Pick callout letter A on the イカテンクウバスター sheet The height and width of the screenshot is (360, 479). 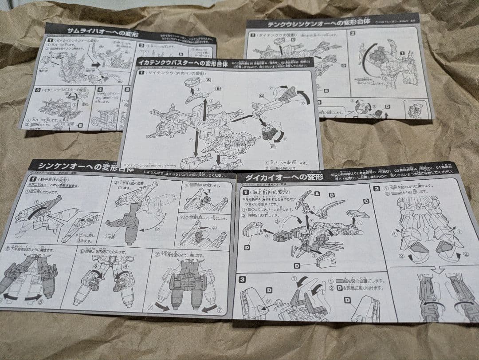(x=208, y=80)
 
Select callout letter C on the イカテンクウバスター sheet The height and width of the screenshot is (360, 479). (x=261, y=95)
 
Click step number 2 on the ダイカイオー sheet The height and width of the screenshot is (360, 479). (x=377, y=188)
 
